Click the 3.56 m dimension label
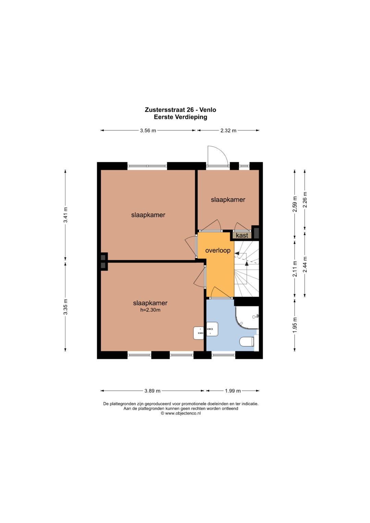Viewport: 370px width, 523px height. click(x=148, y=130)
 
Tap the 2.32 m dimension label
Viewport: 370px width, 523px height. click(x=228, y=130)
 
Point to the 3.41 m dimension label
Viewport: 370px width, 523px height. click(x=66, y=215)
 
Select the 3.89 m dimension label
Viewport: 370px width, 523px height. click(x=152, y=391)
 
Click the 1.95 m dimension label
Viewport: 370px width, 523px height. click(x=295, y=325)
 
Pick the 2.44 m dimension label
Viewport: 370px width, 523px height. click(x=305, y=264)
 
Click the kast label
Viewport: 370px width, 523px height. click(x=242, y=235)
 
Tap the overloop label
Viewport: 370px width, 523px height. click(x=218, y=250)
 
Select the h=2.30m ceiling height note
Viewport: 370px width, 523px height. click(x=150, y=310)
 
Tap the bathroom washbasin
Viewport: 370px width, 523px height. click(x=212, y=329)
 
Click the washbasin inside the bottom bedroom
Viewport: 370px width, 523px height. click(x=199, y=333)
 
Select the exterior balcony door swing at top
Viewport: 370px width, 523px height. click(x=218, y=156)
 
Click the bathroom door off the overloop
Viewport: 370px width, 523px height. click(x=221, y=293)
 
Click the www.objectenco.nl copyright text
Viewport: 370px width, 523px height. click(x=181, y=413)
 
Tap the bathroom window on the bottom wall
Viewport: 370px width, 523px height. click(x=223, y=355)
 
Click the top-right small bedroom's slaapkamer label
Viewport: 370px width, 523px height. click(x=228, y=200)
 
